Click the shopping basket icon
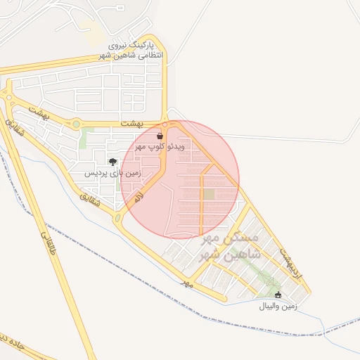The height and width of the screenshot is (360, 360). point(161,134)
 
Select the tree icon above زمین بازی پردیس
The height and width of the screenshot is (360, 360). point(112,162)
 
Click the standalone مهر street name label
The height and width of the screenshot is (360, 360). point(186,283)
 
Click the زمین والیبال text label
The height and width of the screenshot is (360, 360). point(278,307)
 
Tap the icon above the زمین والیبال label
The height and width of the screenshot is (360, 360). point(278,295)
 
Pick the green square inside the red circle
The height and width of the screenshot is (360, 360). point(209,195)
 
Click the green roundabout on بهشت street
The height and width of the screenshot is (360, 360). point(76,124)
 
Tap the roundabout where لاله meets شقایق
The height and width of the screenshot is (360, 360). point(117,219)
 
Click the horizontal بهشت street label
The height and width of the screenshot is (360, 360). point(131,123)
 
